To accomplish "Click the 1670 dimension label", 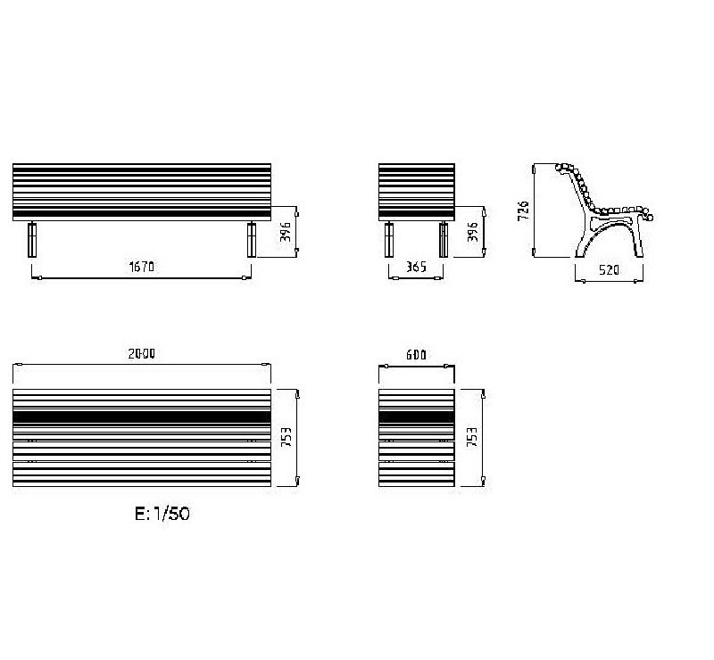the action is pos(142,267).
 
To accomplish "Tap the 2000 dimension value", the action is pos(142,354).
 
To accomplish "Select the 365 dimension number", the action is pos(416,267).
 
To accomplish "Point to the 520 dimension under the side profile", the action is pos(609,270).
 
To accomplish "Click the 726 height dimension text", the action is pos(524,210).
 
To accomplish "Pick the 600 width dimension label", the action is pos(416,355).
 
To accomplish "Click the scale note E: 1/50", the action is pos(162,514).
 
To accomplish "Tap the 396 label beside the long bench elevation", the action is pos(285,232).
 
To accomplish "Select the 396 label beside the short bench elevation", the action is pos(473,232).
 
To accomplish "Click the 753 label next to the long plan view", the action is pos(286,437).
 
